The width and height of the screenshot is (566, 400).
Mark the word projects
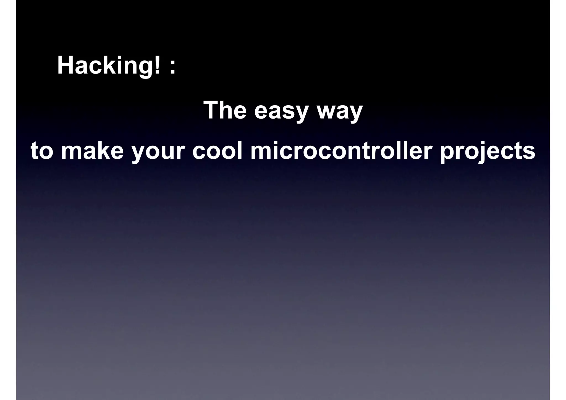488,152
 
